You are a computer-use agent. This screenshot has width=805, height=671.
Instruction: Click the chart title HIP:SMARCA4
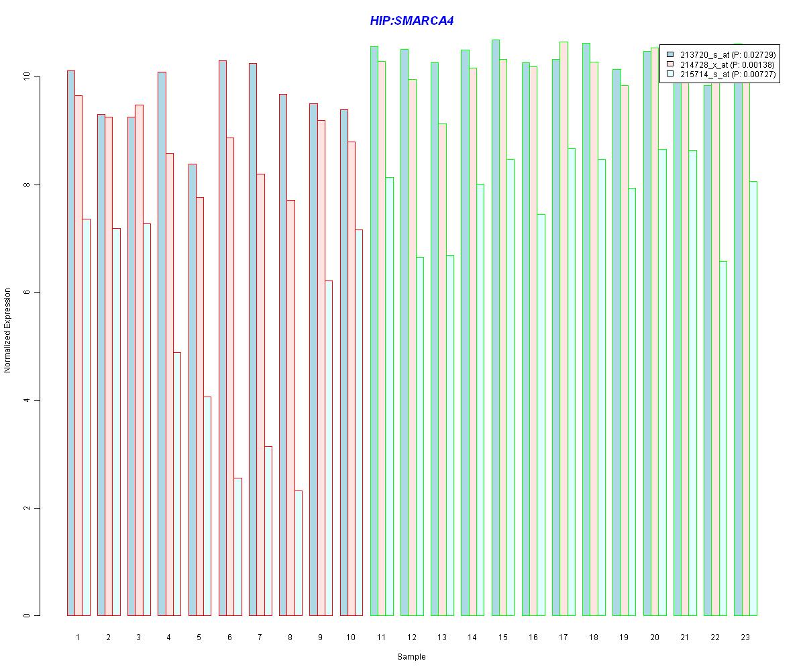click(411, 21)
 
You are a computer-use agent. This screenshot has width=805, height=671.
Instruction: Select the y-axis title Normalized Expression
click(7, 330)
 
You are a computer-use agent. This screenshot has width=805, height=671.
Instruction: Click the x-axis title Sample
click(411, 657)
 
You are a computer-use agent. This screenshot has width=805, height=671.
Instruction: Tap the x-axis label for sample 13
click(441, 637)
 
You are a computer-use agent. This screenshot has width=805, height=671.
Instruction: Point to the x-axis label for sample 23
click(745, 637)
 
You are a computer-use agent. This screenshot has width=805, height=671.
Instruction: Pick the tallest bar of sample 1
click(70, 343)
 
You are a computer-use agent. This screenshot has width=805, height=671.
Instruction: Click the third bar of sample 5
click(207, 506)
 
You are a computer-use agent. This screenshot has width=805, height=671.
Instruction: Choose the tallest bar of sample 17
click(563, 329)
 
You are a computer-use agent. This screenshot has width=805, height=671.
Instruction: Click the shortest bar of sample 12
click(419, 436)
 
